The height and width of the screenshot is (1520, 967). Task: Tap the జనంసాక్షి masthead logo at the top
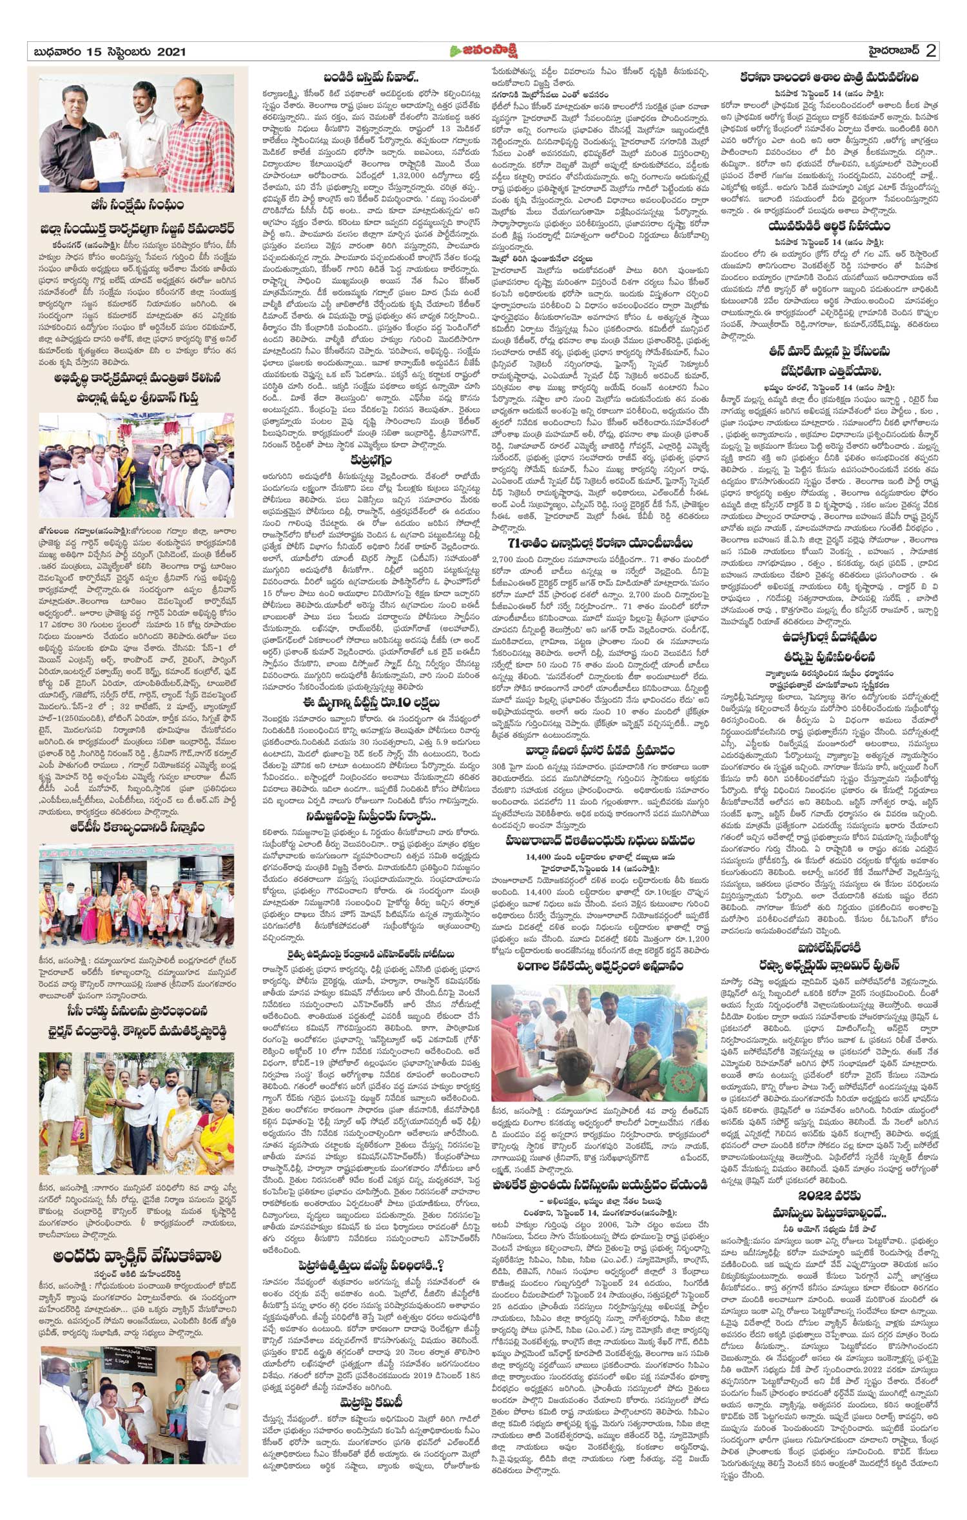484,52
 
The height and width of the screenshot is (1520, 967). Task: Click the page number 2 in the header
930,51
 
